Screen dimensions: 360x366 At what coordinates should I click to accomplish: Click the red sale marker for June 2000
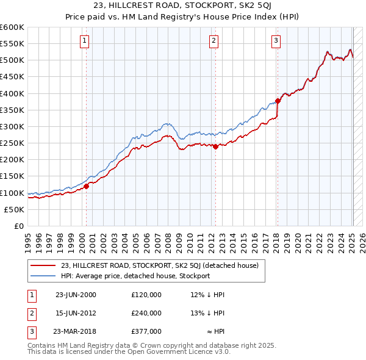pyautogui.click(x=87, y=186)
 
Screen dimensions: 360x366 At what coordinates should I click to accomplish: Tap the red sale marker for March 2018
pyautogui.click(x=278, y=101)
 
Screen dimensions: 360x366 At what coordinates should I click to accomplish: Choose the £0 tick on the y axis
pyautogui.click(x=19, y=226)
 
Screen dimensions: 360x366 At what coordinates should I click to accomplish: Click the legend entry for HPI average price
pyautogui.click(x=135, y=276)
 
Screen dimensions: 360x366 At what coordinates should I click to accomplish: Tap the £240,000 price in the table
pyautogui.click(x=146, y=313)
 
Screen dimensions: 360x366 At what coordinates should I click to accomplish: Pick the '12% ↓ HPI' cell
pyautogui.click(x=208, y=295)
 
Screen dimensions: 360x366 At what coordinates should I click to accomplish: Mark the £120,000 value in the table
pyautogui.click(x=146, y=295)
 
